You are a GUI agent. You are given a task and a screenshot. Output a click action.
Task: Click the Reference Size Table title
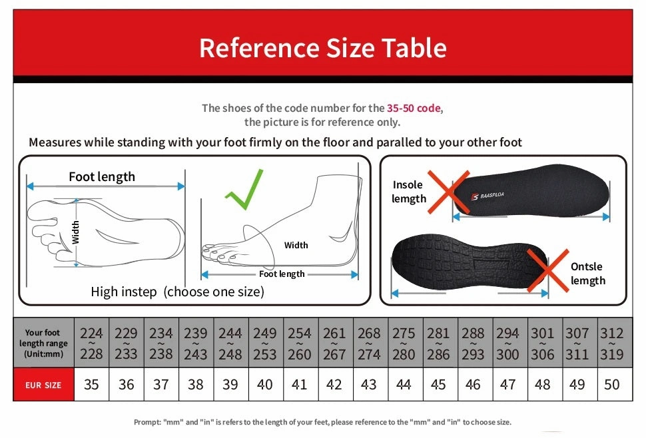[322, 48]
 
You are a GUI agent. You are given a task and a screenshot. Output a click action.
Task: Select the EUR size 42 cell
[334, 385]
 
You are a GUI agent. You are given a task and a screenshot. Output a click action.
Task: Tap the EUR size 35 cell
[91, 385]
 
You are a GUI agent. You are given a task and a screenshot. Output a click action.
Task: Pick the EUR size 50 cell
[611, 385]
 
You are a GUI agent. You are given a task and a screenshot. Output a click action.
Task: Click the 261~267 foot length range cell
[334, 343]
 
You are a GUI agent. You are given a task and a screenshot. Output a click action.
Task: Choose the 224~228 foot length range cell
[91, 343]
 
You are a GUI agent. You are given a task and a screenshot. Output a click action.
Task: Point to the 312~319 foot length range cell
[611, 343]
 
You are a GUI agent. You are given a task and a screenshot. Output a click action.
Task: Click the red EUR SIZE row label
[43, 385]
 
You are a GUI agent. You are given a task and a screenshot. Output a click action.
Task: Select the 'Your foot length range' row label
[43, 343]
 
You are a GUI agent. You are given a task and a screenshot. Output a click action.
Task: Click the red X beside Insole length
[448, 192]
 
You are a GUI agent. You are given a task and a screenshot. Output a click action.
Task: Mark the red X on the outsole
[547, 270]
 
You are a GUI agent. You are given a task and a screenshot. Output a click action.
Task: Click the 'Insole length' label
[408, 192]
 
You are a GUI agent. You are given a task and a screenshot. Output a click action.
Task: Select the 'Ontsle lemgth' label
[587, 274]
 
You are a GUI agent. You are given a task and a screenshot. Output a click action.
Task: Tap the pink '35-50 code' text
[414, 108]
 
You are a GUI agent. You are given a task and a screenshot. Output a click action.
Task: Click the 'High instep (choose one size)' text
[177, 292]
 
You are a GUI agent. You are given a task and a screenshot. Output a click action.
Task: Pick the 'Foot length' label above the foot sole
[102, 176]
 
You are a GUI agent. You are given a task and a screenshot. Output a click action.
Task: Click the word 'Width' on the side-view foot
[296, 245]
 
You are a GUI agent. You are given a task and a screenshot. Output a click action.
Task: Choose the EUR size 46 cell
[473, 385]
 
